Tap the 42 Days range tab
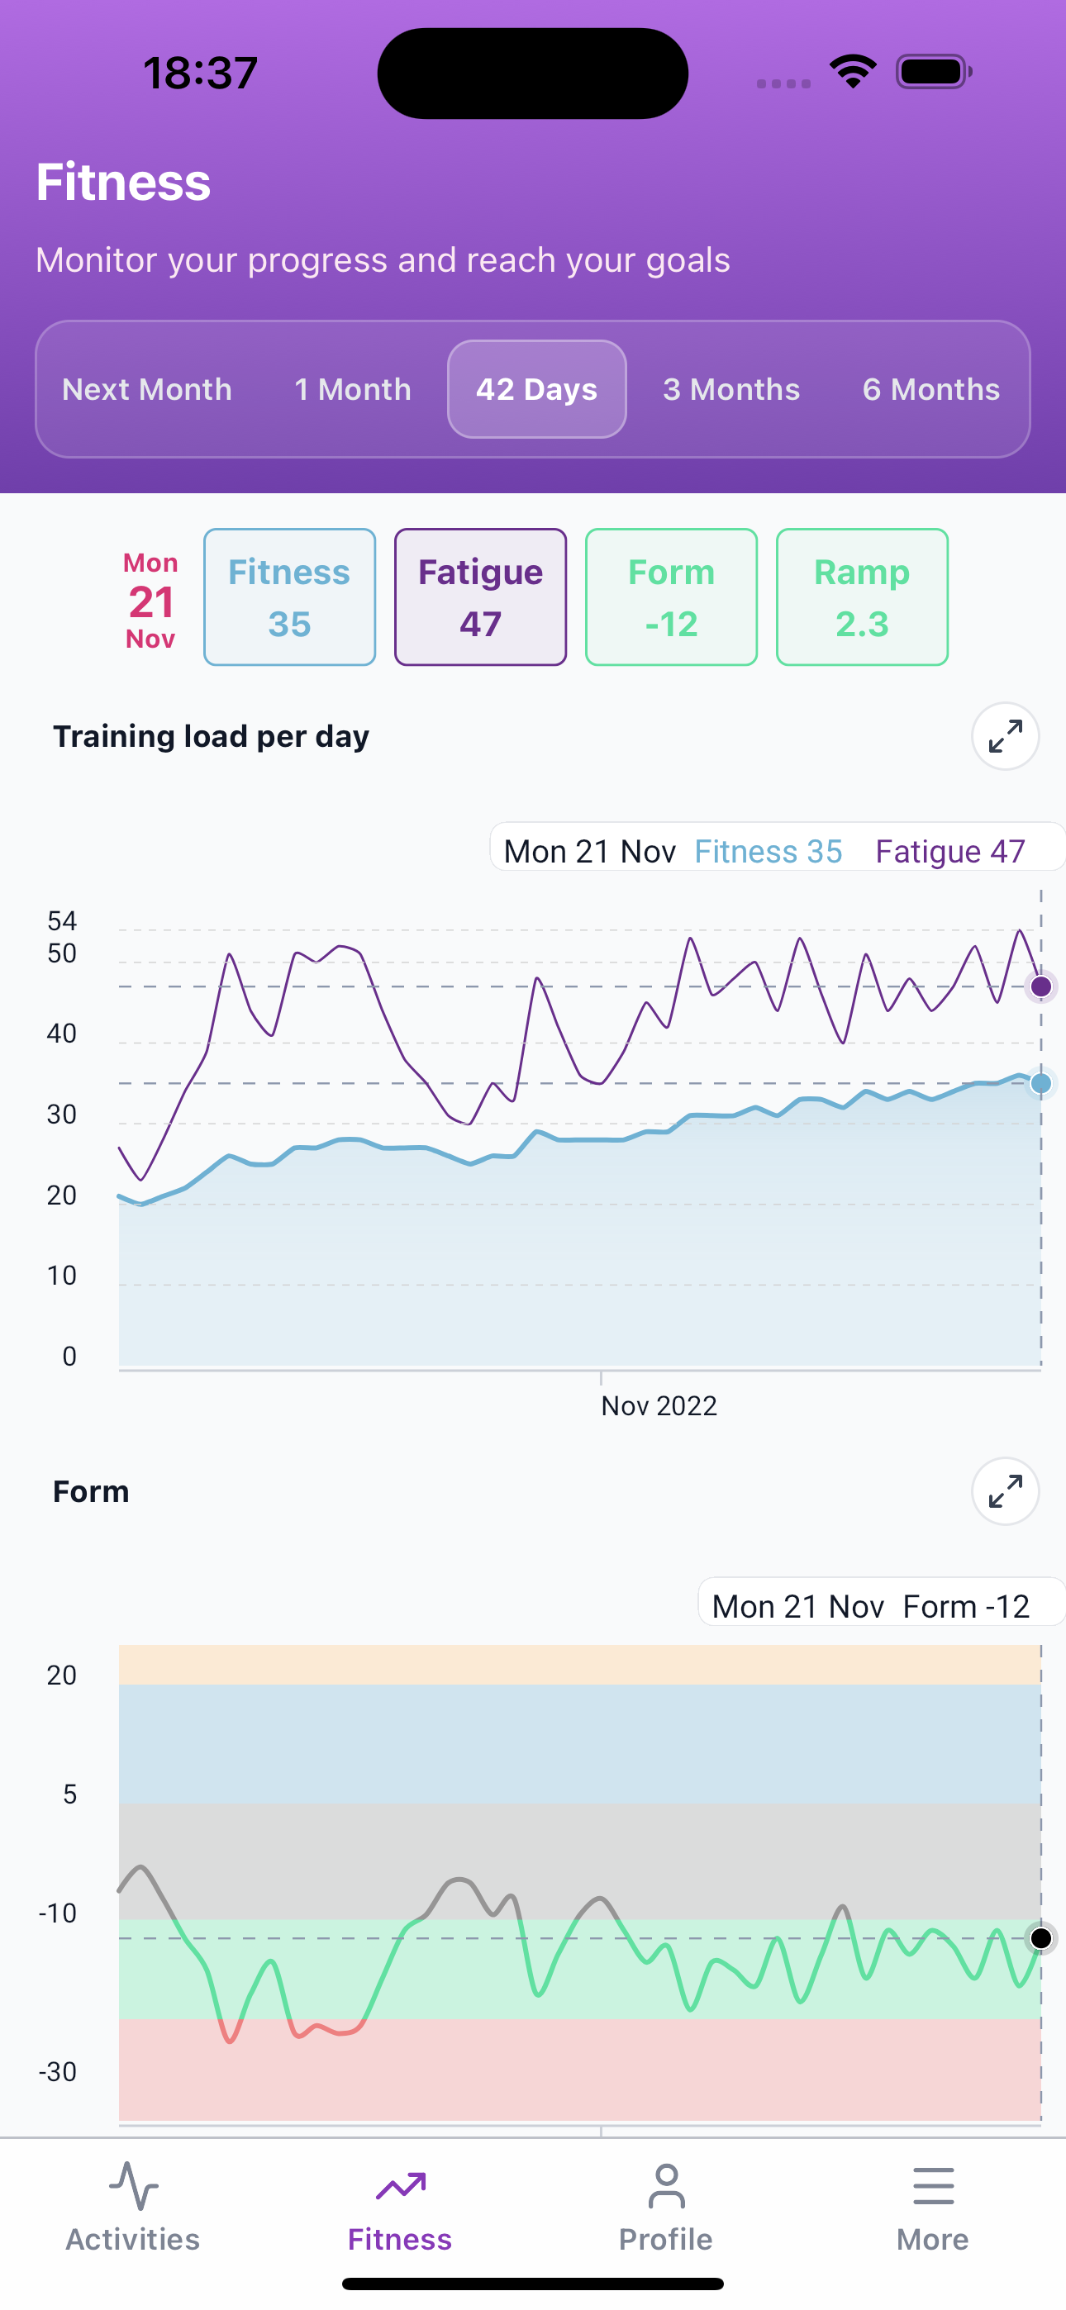pos(536,389)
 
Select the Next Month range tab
pos(147,389)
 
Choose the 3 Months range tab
pos(731,389)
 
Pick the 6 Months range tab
pos(930,389)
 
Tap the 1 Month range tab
pos(353,389)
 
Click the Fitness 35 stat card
pos(289,597)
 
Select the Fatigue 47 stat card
pos(480,597)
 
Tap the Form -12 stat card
pos(671,597)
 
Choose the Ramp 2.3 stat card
pos(861,597)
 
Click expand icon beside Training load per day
pos(1005,736)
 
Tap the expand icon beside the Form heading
pos(1005,1491)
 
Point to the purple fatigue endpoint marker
pos(1041,986)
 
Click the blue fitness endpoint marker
pos(1041,1083)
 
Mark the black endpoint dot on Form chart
pos(1041,1938)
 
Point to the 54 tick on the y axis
pos(62,921)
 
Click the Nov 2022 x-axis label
pos(659,1405)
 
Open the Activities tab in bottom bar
pos(133,2206)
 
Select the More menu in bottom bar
pos(932,2206)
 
